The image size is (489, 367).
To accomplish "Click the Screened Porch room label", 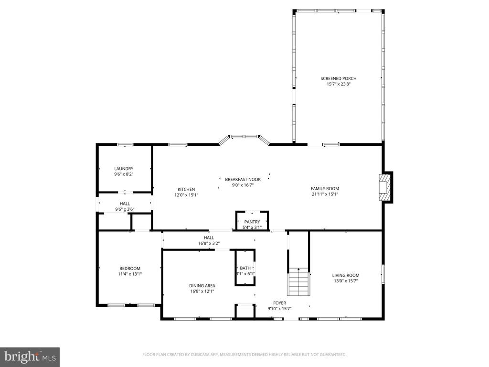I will point(338,78).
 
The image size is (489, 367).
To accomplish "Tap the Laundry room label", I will point(124,169).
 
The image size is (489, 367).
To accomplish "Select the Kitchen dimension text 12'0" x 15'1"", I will point(186,195).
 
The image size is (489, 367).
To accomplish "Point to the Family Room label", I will point(325,189).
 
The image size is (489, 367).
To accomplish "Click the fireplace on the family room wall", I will point(385,187).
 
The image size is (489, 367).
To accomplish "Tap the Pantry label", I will point(252,222).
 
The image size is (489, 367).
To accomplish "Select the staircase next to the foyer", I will point(298,282).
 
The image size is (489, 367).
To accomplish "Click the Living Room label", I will point(346,275).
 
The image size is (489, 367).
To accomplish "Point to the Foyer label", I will point(279,303).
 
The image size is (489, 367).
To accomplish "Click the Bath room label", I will point(245,268).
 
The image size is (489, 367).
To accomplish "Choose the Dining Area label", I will point(202,286).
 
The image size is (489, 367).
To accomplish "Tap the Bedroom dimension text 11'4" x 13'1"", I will point(130,274).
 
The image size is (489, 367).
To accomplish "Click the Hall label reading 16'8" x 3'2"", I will point(209,243).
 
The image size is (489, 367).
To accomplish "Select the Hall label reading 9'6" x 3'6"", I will point(125,209).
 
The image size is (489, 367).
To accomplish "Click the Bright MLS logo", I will point(30,356).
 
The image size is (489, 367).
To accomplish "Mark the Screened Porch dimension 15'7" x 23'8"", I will point(339,84).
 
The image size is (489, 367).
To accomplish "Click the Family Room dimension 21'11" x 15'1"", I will point(325,194).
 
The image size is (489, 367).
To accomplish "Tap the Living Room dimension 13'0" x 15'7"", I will point(346,281).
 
